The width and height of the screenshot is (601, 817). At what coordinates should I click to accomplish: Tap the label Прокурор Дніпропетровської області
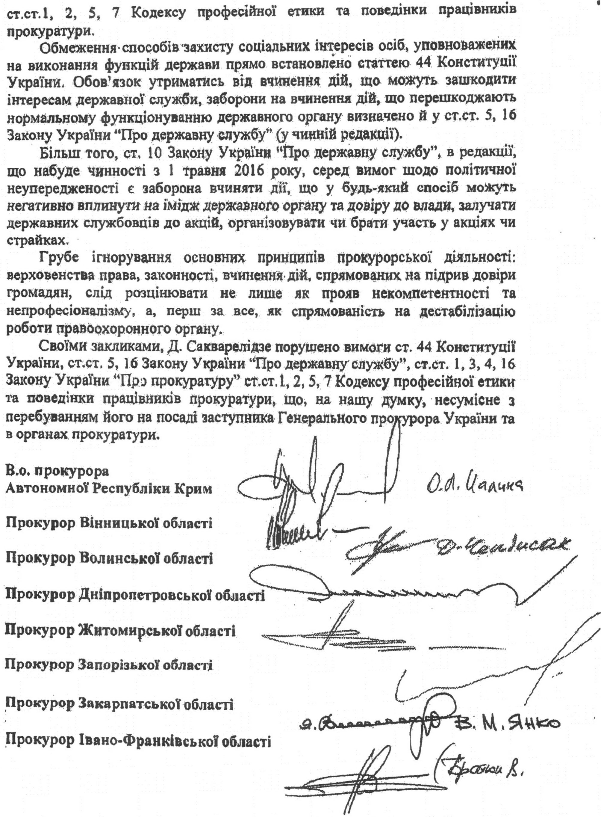[x=135, y=595]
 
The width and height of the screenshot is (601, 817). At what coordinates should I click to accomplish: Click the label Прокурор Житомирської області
[x=120, y=631]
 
